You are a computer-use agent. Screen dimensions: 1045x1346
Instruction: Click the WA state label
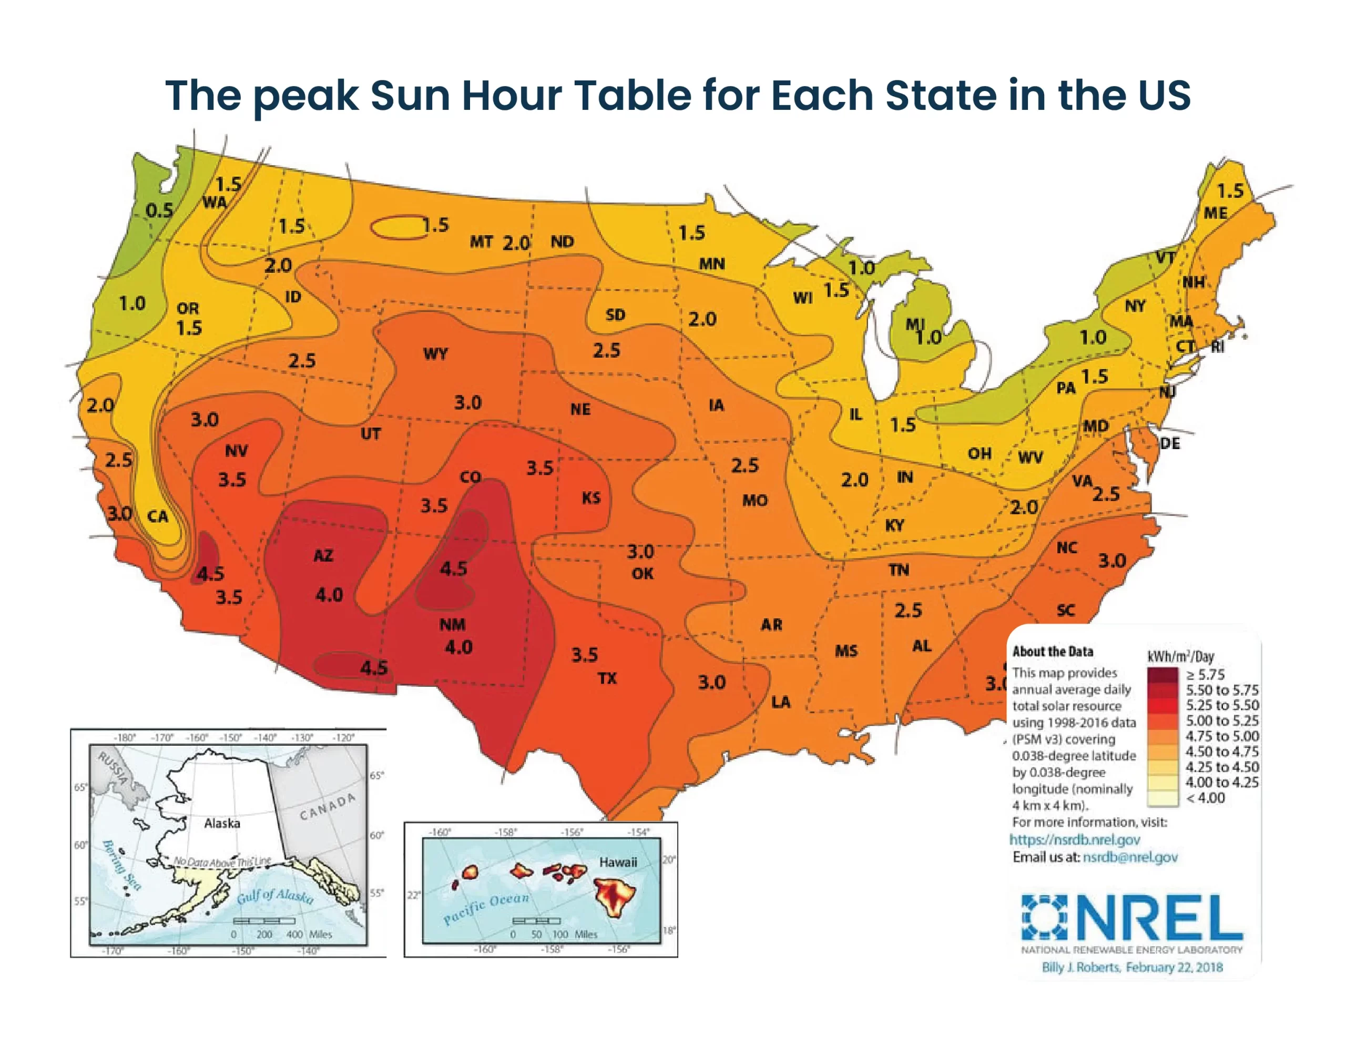(215, 203)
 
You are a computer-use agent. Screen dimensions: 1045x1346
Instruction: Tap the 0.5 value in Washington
(159, 211)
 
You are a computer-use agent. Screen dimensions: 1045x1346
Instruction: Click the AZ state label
(323, 556)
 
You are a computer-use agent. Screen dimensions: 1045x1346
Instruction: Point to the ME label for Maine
(1216, 214)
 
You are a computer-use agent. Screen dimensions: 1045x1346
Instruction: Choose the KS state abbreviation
(591, 498)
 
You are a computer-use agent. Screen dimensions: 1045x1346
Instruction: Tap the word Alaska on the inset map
(222, 824)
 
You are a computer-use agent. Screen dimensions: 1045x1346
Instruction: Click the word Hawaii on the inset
(618, 862)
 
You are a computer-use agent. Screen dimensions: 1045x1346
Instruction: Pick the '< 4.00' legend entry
(1205, 798)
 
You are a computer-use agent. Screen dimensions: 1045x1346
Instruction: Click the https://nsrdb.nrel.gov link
(1074, 840)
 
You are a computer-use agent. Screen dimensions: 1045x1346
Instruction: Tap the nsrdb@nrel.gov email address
(1130, 857)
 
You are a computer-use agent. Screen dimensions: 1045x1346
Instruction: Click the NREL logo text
(1162, 918)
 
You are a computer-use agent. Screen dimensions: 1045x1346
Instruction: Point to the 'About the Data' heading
(1053, 652)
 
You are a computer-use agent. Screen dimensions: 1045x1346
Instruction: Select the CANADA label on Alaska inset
(328, 806)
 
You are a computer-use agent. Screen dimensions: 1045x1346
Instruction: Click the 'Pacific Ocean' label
(486, 908)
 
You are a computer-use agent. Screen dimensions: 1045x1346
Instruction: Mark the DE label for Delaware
(1170, 444)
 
